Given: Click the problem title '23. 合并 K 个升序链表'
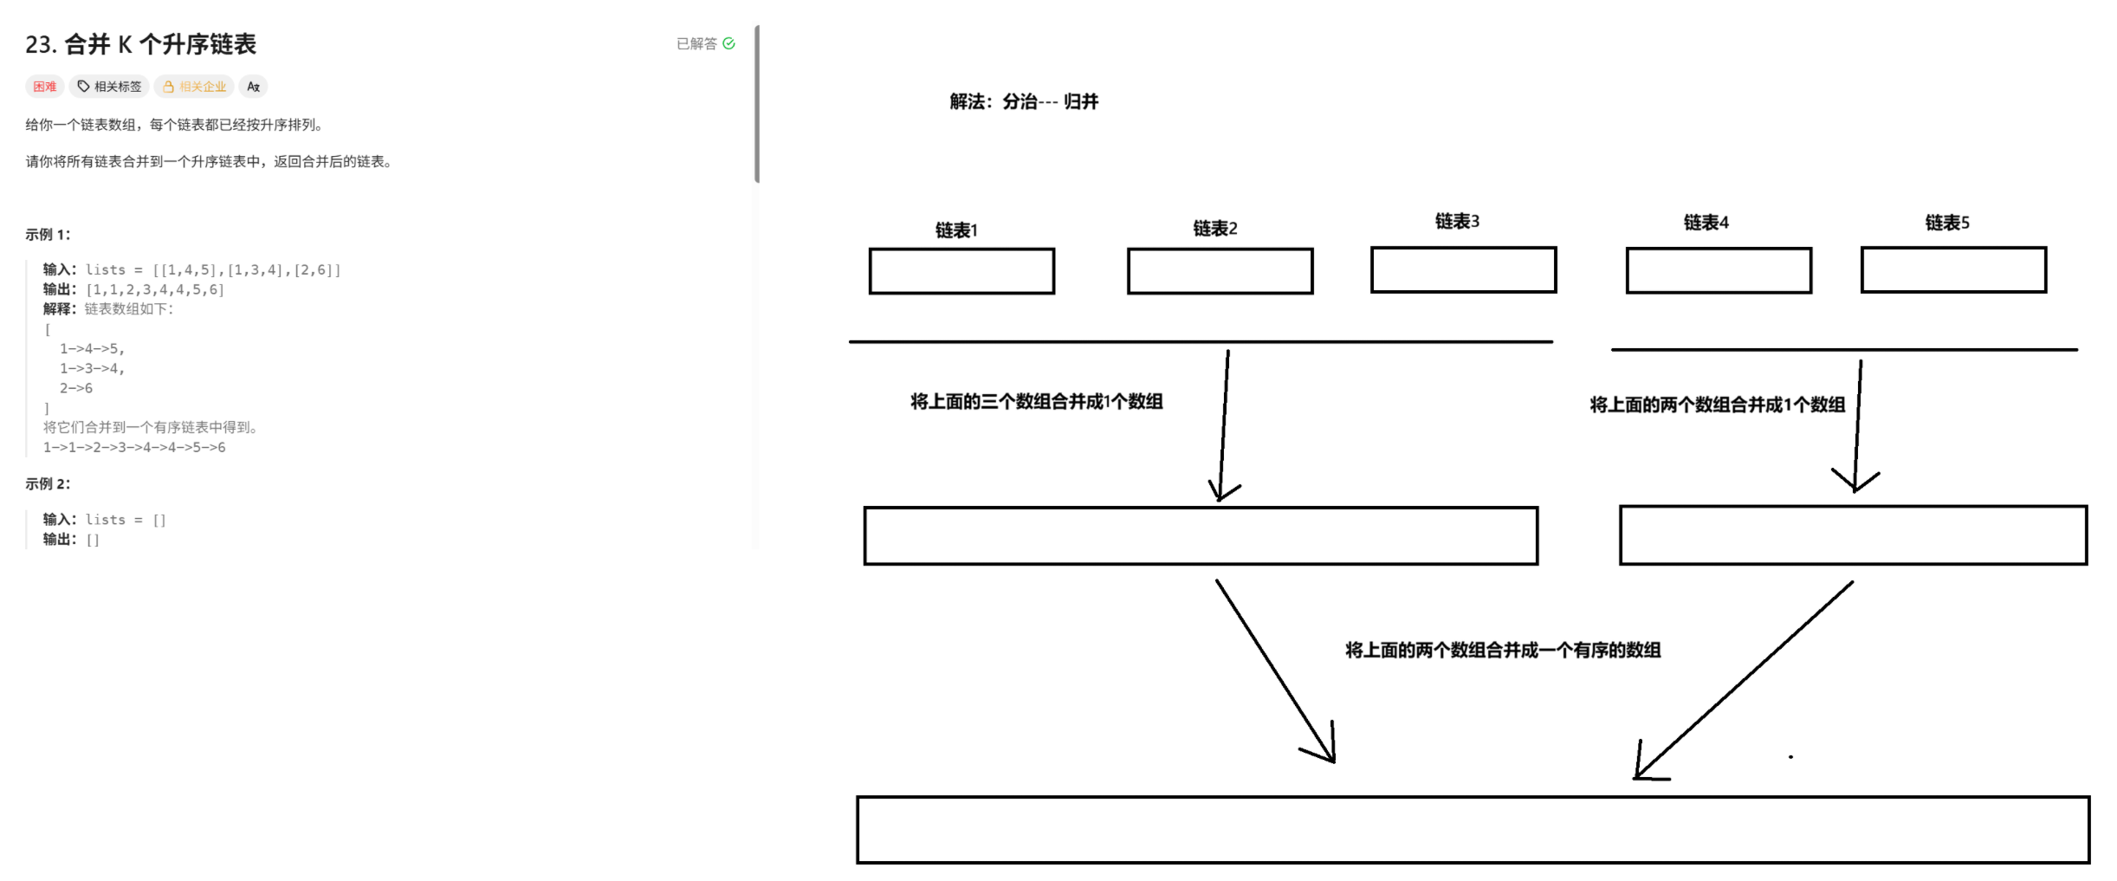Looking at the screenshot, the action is pyautogui.click(x=140, y=44).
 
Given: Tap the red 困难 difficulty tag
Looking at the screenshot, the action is pyautogui.click(x=44, y=87).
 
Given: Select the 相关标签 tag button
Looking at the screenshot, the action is pyautogui.click(x=110, y=87).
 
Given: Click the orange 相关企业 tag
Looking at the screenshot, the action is pyautogui.click(x=195, y=87).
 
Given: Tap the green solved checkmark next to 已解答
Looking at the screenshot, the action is pyautogui.click(x=728, y=43).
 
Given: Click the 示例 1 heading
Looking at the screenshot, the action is pyautogui.click(x=48, y=235).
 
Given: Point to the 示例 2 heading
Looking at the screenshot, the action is pyautogui.click(x=48, y=484).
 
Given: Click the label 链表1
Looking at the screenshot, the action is pyautogui.click(x=956, y=230).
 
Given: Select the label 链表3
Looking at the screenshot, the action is pyautogui.click(x=1457, y=222).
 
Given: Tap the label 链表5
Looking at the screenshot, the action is pyautogui.click(x=1947, y=223).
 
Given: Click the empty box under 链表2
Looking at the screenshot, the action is pyautogui.click(x=1220, y=271).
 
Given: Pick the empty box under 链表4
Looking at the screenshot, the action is pyautogui.click(x=1719, y=270).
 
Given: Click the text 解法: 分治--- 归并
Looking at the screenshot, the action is pyautogui.click(x=1024, y=102).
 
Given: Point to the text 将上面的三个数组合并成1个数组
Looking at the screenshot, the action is pyautogui.click(x=1036, y=402).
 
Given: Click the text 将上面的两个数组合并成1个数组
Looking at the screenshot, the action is pyautogui.click(x=1717, y=405).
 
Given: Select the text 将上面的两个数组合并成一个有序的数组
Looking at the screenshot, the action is pyautogui.click(x=1503, y=651).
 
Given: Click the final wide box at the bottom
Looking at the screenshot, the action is pyautogui.click(x=1473, y=830).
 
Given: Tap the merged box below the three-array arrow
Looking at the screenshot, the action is pyautogui.click(x=1201, y=536).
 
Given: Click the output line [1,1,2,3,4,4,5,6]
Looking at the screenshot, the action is pyautogui.click(x=154, y=290).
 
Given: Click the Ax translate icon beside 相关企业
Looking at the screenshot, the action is pyautogui.click(x=253, y=87).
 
